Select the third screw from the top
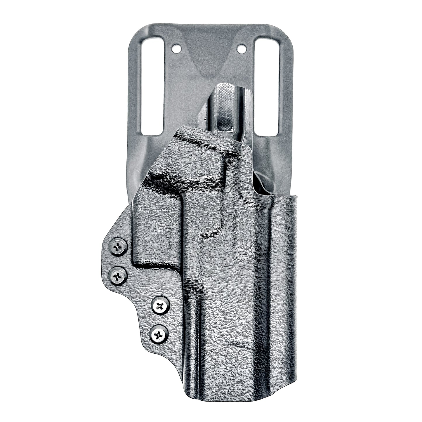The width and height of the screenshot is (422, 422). tap(160, 306)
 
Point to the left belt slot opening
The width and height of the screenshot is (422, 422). tap(152, 86)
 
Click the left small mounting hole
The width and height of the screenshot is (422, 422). tap(176, 49)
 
